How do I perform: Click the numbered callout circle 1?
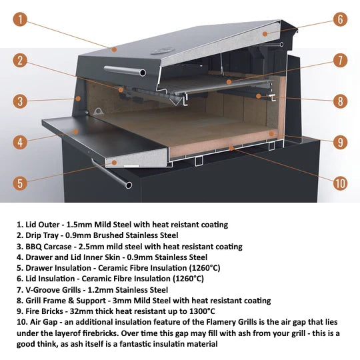[21, 19]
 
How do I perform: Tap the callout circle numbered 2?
[21, 61]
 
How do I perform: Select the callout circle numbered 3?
[21, 101]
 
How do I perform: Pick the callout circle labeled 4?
[21, 142]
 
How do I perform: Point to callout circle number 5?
[21, 183]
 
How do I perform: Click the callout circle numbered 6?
[340, 19]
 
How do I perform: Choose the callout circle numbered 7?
[340, 61]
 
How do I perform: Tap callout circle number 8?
[340, 101]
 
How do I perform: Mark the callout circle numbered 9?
[340, 142]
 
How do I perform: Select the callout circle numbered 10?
[340, 183]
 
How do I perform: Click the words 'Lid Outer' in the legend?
[39, 225]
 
